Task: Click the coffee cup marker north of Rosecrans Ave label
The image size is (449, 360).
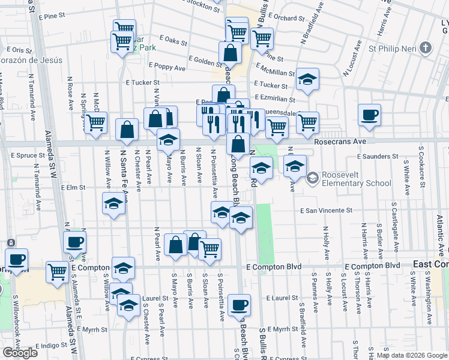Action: pos(369,115)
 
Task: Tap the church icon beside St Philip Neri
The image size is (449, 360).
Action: pos(425,48)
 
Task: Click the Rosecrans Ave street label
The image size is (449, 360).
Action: pos(340,140)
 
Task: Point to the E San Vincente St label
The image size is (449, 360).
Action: pos(326,211)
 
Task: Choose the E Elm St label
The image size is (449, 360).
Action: pos(74,188)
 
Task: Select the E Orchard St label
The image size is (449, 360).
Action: pos(291,18)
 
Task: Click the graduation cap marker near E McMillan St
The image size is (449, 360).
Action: pos(307,80)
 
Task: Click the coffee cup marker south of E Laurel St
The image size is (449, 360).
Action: pos(238,305)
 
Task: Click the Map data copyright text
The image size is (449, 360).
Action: pos(411,355)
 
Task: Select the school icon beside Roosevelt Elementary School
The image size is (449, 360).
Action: pos(312,178)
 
